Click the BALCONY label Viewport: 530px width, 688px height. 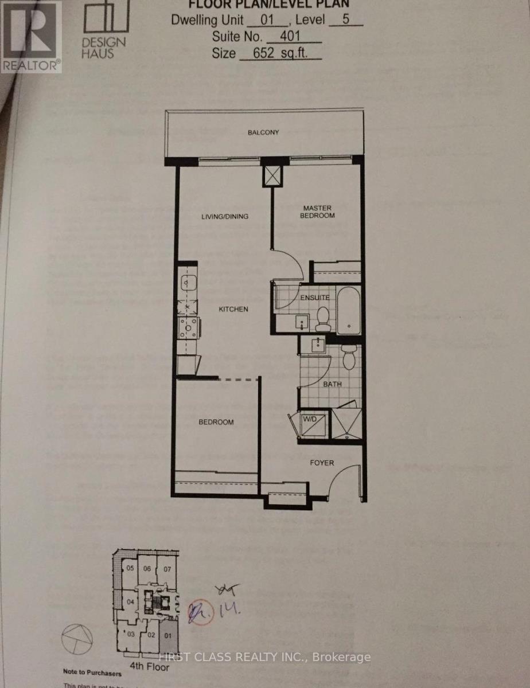pos(263,132)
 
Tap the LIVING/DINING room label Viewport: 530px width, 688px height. pos(224,216)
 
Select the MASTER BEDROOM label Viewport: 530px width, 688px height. pos(319,211)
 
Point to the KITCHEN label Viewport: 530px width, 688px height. pos(233,309)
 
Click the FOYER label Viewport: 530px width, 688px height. pos(322,462)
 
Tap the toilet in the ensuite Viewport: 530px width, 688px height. pos(324,319)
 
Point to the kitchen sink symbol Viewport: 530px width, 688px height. pos(187,283)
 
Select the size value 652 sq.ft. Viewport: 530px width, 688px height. pos(279,53)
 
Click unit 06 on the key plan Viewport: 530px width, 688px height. pos(148,569)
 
